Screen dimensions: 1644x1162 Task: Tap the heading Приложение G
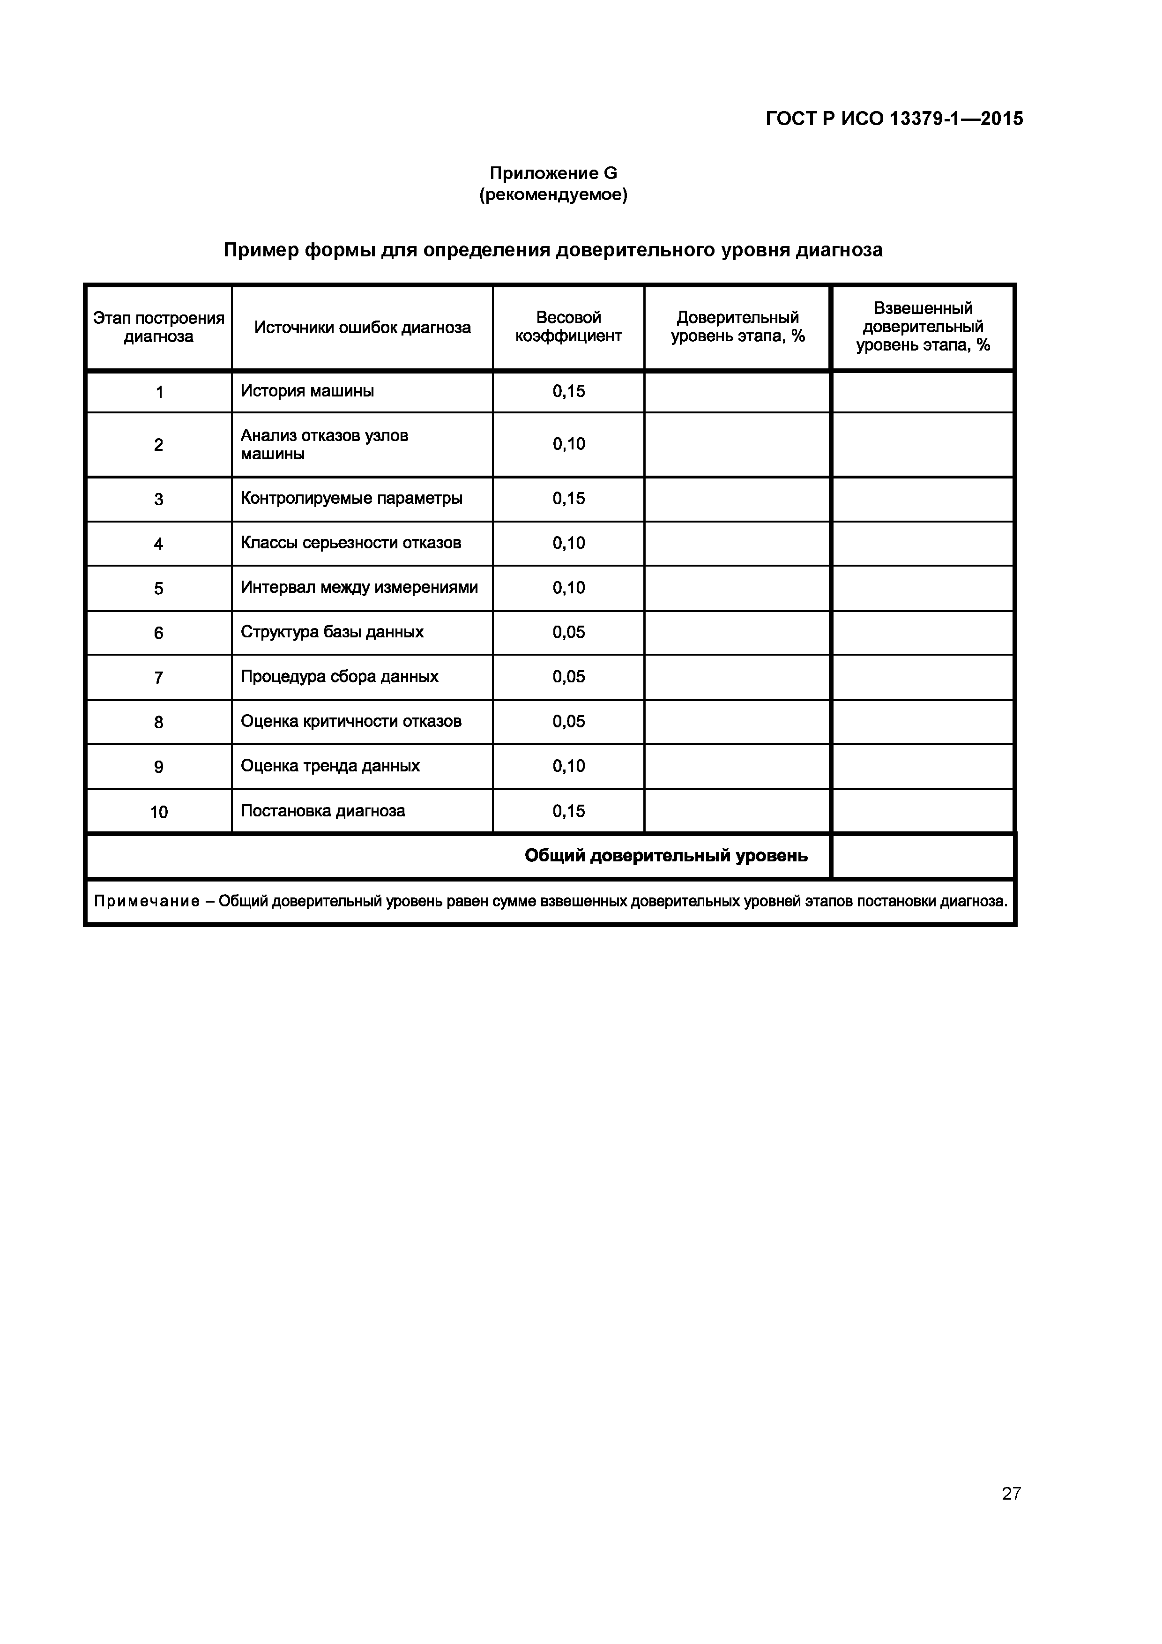click(553, 173)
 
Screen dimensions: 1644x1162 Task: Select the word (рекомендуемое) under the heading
click(553, 195)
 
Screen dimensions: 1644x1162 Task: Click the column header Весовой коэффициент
click(568, 327)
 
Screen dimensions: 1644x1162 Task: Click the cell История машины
click(307, 391)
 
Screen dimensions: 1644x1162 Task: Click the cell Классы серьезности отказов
click(351, 543)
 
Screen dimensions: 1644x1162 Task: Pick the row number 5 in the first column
click(158, 589)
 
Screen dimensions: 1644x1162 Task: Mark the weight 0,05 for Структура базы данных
click(568, 632)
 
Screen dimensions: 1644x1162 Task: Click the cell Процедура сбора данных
click(339, 677)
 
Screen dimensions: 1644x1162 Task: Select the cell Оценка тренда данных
click(330, 766)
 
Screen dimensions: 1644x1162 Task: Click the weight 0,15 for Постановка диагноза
click(568, 811)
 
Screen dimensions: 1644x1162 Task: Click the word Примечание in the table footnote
click(147, 902)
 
